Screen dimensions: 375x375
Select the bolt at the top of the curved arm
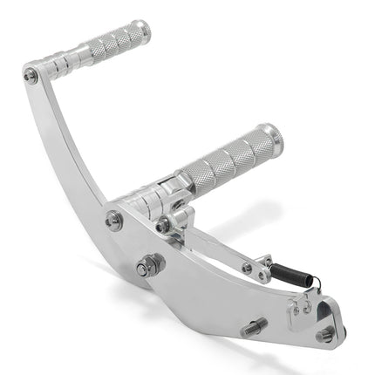pyautogui.click(x=31, y=76)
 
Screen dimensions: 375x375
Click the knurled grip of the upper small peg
pyautogui.click(x=118, y=41)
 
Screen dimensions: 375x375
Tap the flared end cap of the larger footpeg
pyautogui.click(x=271, y=137)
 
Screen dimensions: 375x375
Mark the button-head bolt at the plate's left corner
pyautogui.click(x=114, y=220)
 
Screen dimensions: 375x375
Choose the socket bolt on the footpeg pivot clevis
pyautogui.click(x=163, y=226)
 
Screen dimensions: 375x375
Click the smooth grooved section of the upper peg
pyautogui.click(x=74, y=62)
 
